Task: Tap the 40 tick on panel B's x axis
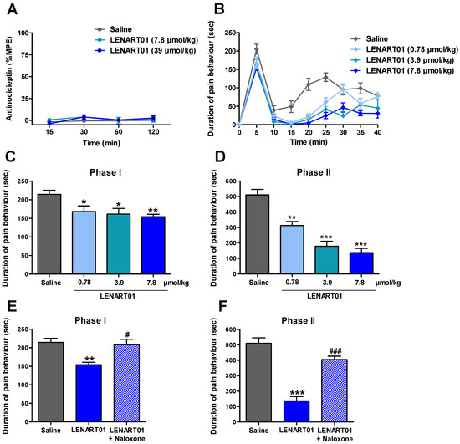(x=377, y=131)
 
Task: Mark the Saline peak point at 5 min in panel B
(x=257, y=51)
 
